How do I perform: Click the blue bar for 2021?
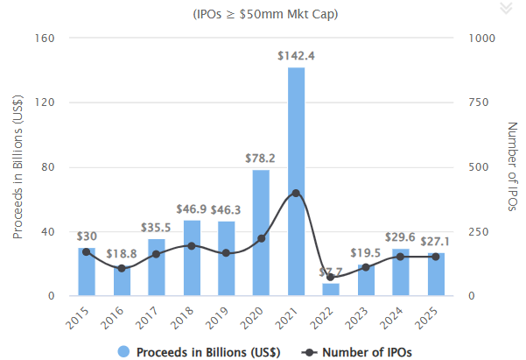pyautogui.click(x=296, y=182)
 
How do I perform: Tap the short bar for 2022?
pyautogui.click(x=331, y=289)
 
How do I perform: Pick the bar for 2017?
pyautogui.click(x=156, y=267)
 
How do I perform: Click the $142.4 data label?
pyautogui.click(x=296, y=56)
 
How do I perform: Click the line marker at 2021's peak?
pyautogui.click(x=296, y=193)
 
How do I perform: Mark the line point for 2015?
pyautogui.click(x=86, y=251)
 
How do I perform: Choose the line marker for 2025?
pyautogui.click(x=436, y=257)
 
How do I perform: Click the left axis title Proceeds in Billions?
pyautogui.click(x=18, y=166)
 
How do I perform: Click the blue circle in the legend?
pyautogui.click(x=123, y=352)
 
